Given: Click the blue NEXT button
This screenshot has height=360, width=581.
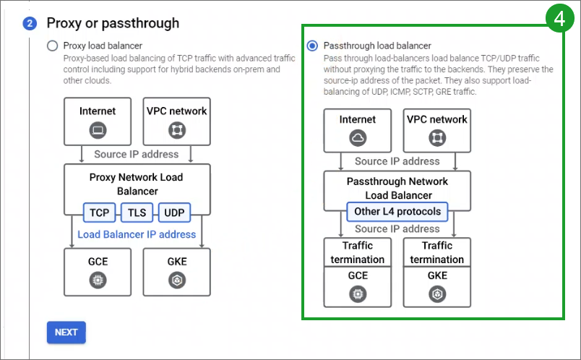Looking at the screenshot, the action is (x=66, y=333).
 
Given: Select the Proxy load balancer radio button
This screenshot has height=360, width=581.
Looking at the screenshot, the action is (x=52, y=46).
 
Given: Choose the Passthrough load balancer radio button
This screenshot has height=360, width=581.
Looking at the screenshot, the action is (x=312, y=46).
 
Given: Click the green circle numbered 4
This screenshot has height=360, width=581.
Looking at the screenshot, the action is (x=559, y=18).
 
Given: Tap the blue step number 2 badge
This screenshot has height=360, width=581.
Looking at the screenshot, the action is (x=30, y=24).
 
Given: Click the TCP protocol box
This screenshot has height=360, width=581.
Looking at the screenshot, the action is (x=99, y=213).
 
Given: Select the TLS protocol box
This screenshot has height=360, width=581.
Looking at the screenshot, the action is (x=137, y=213).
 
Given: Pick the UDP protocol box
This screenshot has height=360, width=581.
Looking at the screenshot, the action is (x=174, y=213).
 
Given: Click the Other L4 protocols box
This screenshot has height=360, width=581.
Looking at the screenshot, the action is (x=397, y=211).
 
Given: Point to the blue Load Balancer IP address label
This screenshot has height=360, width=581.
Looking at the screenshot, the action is (x=137, y=234).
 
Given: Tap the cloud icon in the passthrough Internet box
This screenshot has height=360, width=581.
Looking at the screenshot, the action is (x=358, y=138).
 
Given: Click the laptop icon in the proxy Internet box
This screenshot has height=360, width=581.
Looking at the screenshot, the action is (x=98, y=130).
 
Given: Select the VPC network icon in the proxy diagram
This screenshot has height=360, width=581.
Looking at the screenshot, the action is (x=177, y=130).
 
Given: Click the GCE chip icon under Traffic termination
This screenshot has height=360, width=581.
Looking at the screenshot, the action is (x=358, y=294).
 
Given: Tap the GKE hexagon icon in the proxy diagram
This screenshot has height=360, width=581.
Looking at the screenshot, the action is (x=177, y=280).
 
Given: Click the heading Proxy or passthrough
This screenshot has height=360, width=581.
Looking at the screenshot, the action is (x=113, y=23).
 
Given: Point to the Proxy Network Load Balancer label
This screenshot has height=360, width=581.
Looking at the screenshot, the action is (x=137, y=184).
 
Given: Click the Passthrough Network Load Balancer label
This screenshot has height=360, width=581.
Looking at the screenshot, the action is (x=397, y=188).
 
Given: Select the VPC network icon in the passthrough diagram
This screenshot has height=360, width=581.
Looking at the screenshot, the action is (x=437, y=138).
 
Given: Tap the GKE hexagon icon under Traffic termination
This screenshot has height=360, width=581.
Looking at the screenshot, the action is (x=437, y=294).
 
